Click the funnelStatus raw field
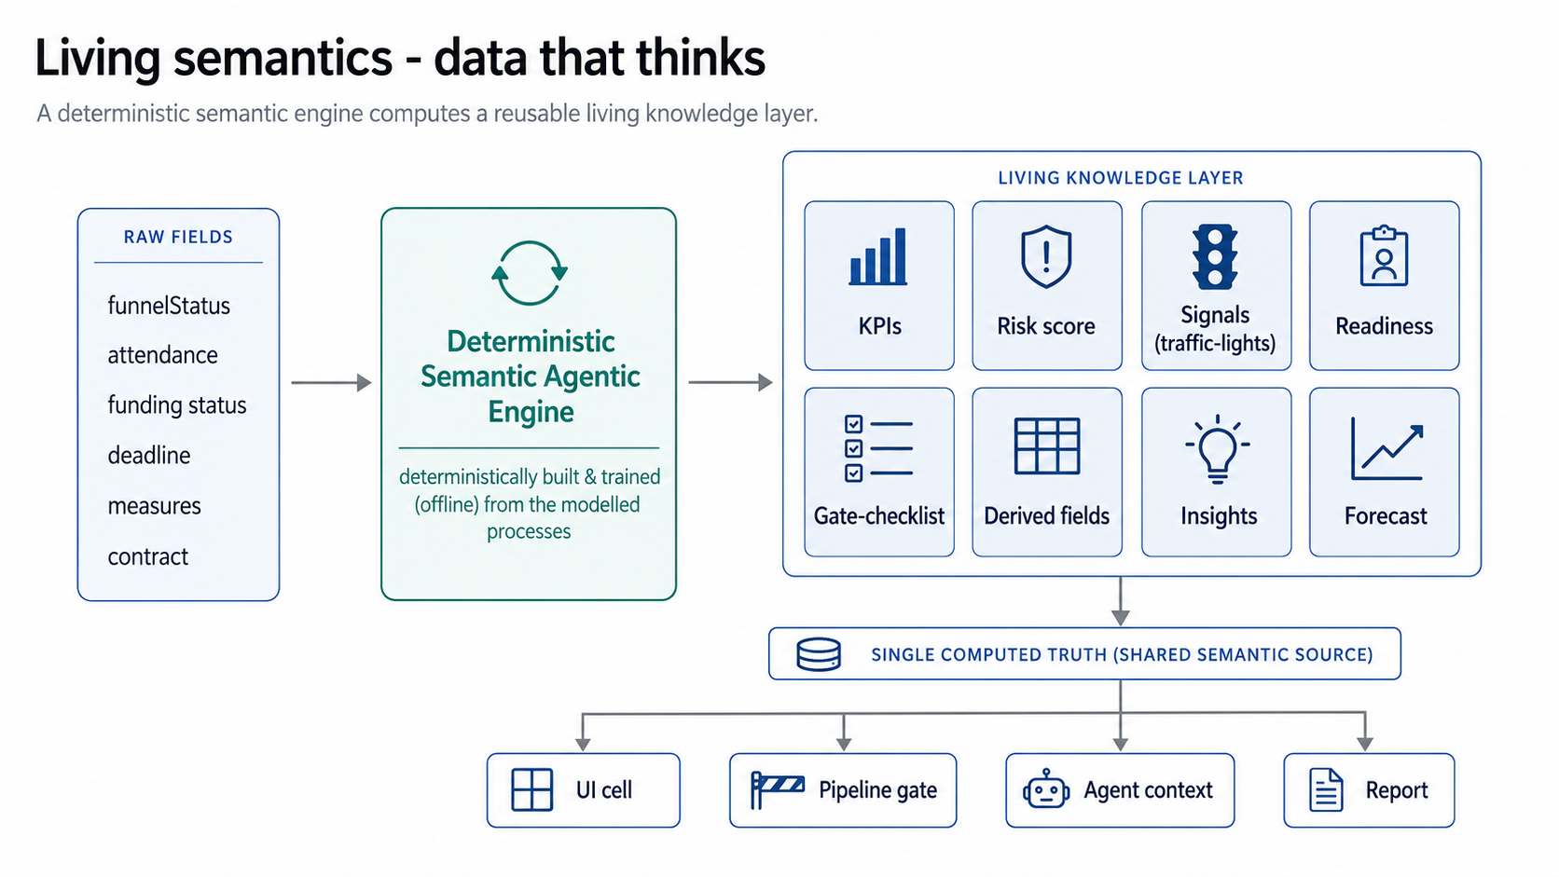(x=169, y=306)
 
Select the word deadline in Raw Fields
(x=149, y=456)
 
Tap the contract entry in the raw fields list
(x=147, y=556)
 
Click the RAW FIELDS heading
(x=178, y=237)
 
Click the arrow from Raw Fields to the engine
(x=331, y=382)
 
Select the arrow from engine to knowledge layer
(x=730, y=382)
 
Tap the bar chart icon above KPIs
(x=877, y=256)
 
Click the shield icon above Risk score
(x=1046, y=256)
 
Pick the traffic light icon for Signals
(x=1215, y=256)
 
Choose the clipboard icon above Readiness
(x=1384, y=256)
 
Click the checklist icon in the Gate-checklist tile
(x=878, y=448)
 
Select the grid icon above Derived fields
(x=1047, y=446)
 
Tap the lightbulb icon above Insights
(x=1218, y=448)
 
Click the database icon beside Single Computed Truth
(x=819, y=654)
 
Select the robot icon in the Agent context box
(x=1046, y=790)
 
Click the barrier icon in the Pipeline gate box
(x=778, y=790)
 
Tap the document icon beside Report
(x=1326, y=790)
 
